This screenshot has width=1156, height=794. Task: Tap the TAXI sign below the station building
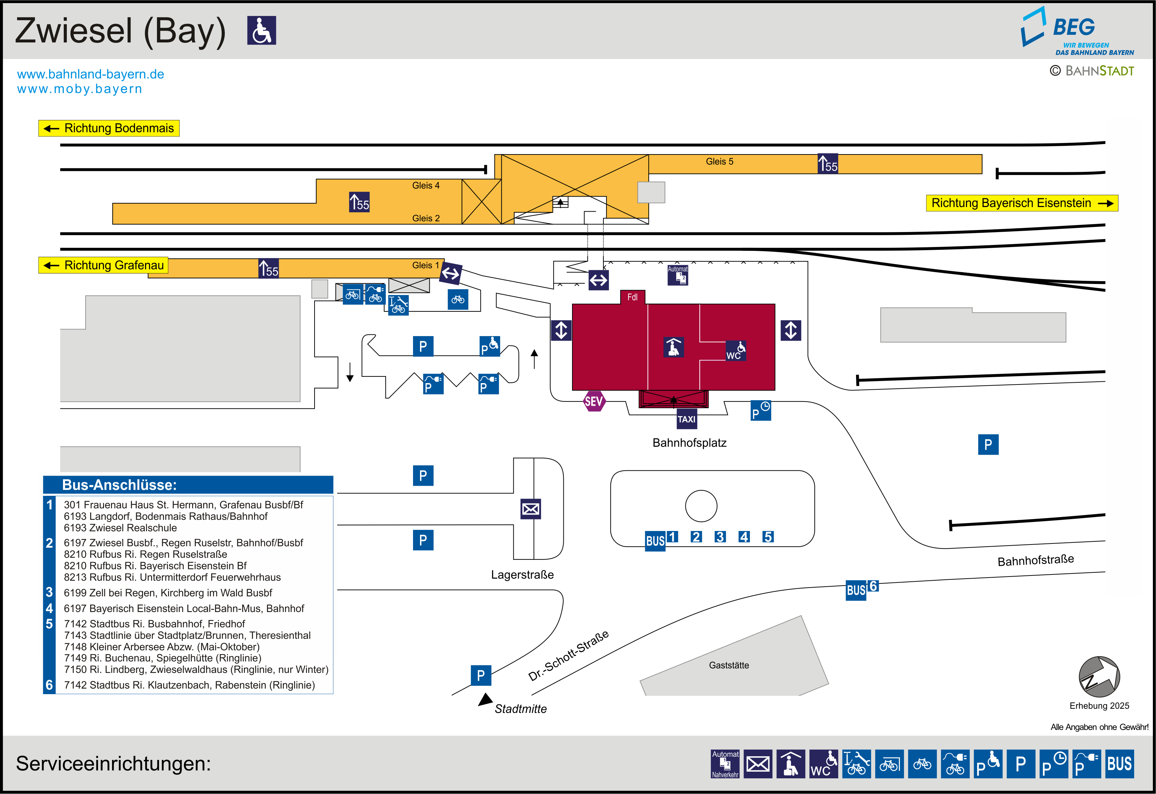tap(687, 419)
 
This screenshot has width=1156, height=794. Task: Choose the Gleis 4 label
tap(426, 185)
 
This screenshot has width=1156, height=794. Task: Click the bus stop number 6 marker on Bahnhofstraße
tap(873, 586)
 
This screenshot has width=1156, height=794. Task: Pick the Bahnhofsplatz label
tap(689, 443)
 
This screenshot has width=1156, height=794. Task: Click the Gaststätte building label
tap(729, 665)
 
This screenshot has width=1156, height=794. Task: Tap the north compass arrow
tap(1099, 677)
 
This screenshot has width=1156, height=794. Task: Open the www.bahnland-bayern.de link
tap(90, 74)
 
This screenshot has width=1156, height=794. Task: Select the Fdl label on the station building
tap(632, 297)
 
